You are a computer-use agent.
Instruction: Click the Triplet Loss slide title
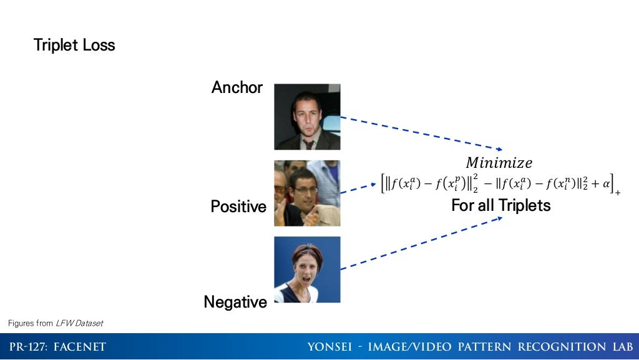tap(74, 46)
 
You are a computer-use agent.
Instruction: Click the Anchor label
tap(237, 87)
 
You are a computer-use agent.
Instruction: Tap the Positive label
tap(238, 207)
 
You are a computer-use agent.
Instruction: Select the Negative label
tap(235, 303)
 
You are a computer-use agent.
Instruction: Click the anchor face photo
tap(307, 117)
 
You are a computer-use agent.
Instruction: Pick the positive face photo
tap(307, 193)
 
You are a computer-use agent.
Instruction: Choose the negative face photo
tap(307, 270)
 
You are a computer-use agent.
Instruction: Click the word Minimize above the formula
tap(499, 163)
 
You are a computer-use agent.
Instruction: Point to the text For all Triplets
tap(500, 205)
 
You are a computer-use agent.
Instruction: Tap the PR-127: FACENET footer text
tap(57, 347)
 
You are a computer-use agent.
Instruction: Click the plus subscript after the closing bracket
tap(617, 193)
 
